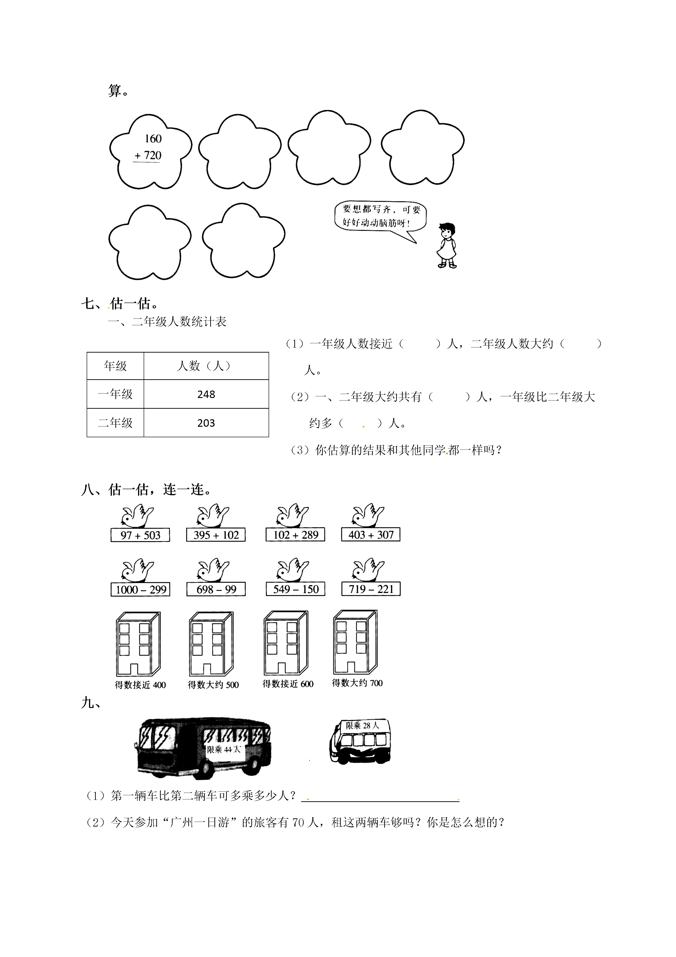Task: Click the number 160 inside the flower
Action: click(153, 139)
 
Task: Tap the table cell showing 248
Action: click(206, 394)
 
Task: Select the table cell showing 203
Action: click(206, 423)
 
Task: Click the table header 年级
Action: click(115, 366)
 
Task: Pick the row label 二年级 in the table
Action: click(115, 423)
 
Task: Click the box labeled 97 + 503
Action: click(140, 535)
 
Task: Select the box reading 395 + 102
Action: click(216, 535)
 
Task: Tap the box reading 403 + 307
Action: click(371, 534)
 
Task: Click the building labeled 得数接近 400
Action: click(138, 644)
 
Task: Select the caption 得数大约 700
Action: click(357, 683)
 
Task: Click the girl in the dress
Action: click(447, 246)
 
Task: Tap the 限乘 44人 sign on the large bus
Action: click(224, 749)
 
